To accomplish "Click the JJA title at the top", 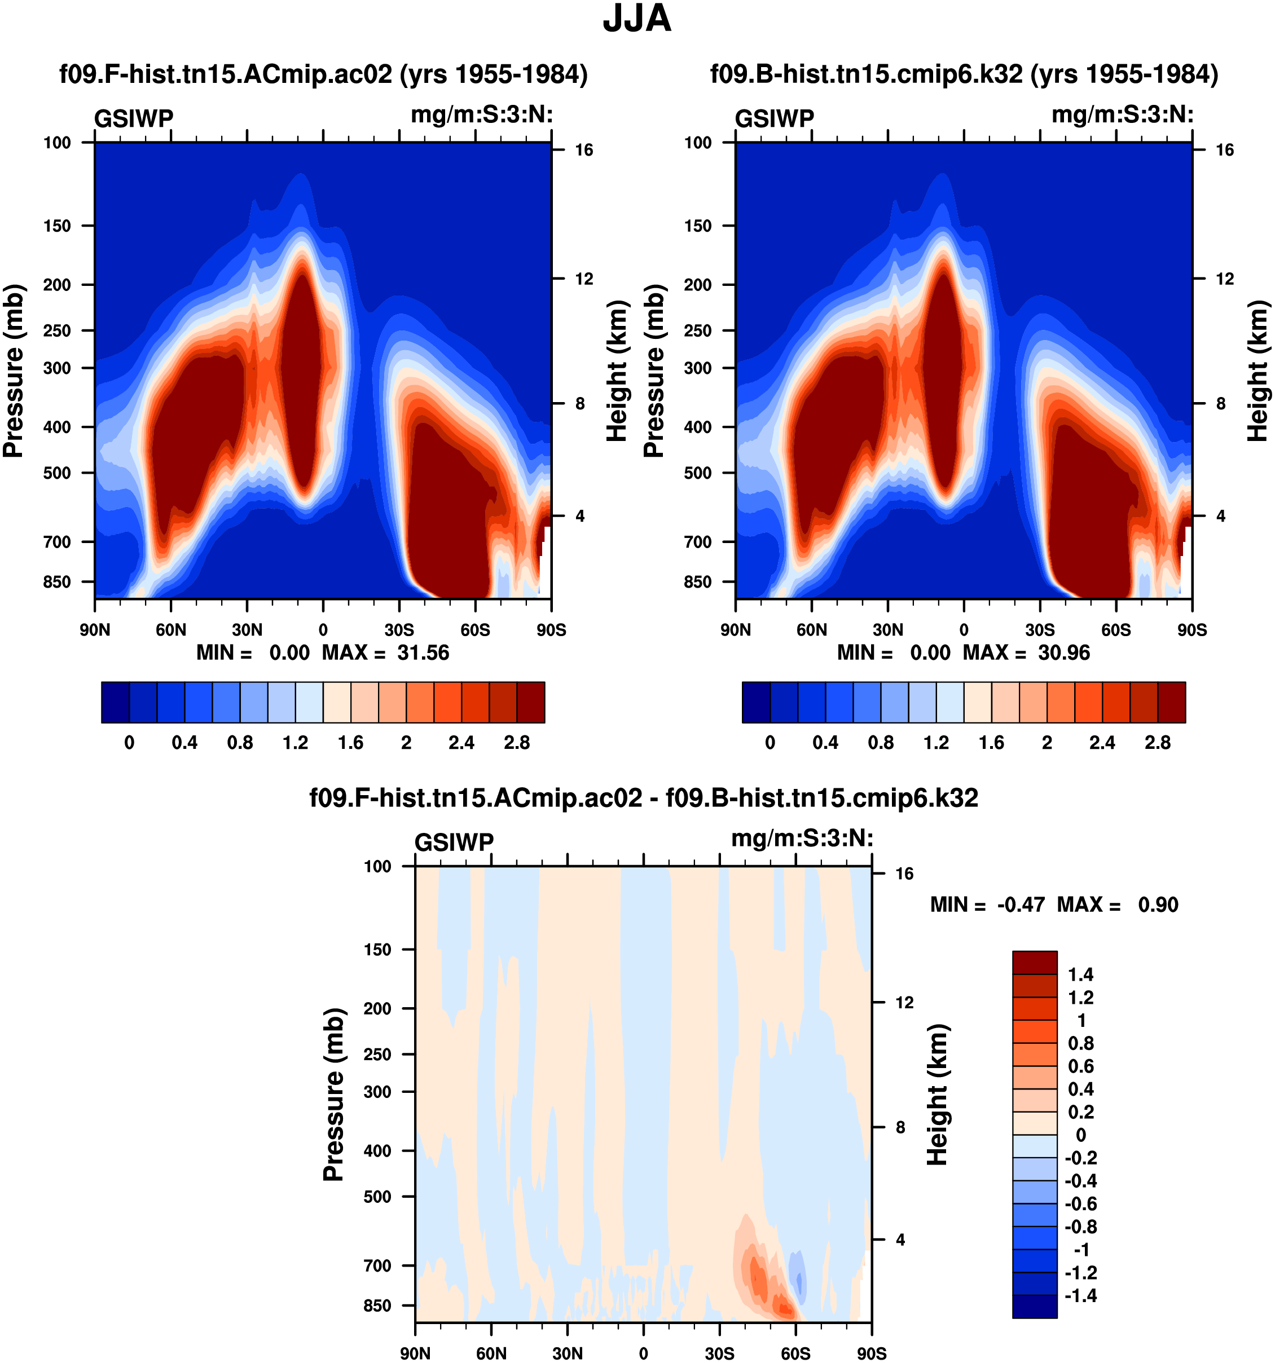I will pyautogui.click(x=636, y=19).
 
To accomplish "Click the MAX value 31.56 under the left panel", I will pyautogui.click(x=423, y=652).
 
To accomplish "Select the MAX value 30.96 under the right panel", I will pyautogui.click(x=1064, y=652).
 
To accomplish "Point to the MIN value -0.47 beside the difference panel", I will pyautogui.click(x=1021, y=905).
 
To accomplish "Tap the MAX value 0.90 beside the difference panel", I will pyautogui.click(x=1158, y=905).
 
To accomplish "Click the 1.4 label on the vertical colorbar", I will pyautogui.click(x=1081, y=975).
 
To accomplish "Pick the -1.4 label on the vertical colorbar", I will pyautogui.click(x=1081, y=1296).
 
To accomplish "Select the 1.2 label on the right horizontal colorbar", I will pyautogui.click(x=936, y=743).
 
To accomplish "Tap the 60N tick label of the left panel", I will pyautogui.click(x=171, y=630).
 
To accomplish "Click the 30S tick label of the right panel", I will pyautogui.click(x=1040, y=630).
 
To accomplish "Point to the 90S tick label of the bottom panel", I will pyautogui.click(x=871, y=1354).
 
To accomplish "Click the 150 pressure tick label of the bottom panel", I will pyautogui.click(x=377, y=950).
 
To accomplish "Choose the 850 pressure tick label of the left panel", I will pyautogui.click(x=57, y=582).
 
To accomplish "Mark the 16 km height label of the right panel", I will pyautogui.click(x=1225, y=150).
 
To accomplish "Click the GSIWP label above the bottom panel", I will pyautogui.click(x=454, y=842).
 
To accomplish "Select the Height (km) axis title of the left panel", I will pyautogui.click(x=617, y=370).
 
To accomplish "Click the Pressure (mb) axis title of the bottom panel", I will pyautogui.click(x=333, y=1094).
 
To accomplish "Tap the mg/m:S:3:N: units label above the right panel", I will pyautogui.click(x=1123, y=115).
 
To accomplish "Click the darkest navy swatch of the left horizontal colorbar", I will pyautogui.click(x=115, y=703).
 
